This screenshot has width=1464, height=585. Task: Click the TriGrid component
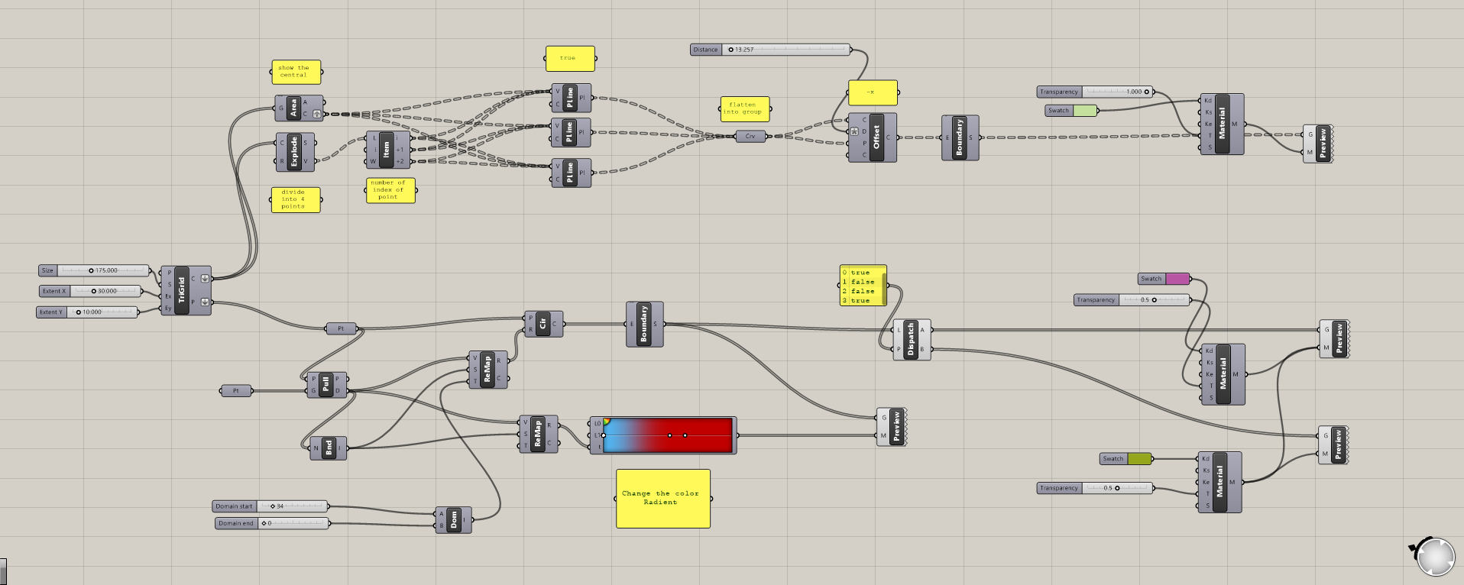click(182, 290)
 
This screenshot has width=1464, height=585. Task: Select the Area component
click(293, 108)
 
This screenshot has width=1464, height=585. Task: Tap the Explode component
click(294, 152)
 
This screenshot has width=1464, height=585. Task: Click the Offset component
click(876, 137)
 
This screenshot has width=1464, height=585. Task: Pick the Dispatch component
click(911, 340)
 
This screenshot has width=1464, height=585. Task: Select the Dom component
click(454, 520)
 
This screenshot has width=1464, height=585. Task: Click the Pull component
click(326, 384)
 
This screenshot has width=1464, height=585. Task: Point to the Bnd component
click(329, 448)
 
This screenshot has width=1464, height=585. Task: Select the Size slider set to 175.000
click(104, 270)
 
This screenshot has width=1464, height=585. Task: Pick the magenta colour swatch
click(1177, 279)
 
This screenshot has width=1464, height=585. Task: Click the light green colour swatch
click(1085, 111)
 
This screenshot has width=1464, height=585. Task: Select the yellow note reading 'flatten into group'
click(744, 108)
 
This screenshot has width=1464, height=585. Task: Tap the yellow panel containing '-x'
click(872, 92)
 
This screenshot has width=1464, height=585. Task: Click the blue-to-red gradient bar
click(669, 435)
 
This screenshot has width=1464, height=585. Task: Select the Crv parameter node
click(750, 137)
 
